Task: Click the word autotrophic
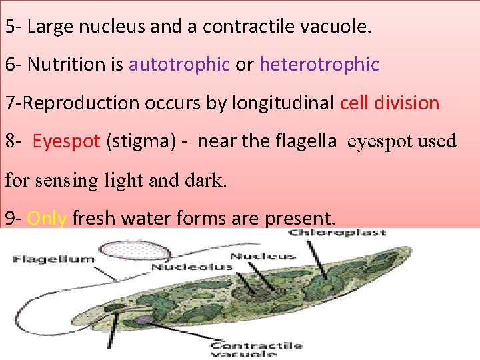click(179, 65)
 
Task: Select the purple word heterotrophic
click(319, 65)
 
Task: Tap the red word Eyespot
click(66, 142)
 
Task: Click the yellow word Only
click(47, 219)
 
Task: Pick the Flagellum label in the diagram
click(54, 259)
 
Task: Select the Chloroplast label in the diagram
click(337, 233)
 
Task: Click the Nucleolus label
click(192, 267)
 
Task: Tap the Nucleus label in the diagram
click(262, 256)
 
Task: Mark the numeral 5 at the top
click(9, 27)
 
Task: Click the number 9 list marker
click(9, 219)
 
